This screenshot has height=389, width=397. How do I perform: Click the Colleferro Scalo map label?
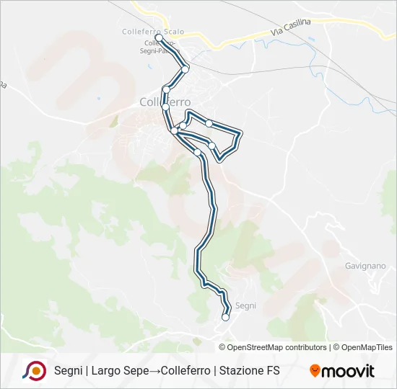coord(153,32)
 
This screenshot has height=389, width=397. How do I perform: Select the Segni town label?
coord(245,305)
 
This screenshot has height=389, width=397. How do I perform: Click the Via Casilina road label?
coord(291,28)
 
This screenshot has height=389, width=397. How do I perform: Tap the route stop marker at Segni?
coord(225,317)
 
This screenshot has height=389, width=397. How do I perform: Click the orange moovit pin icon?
coord(315,371)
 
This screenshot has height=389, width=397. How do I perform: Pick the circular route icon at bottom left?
coord(34,370)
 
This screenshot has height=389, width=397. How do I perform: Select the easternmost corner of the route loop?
coord(240,133)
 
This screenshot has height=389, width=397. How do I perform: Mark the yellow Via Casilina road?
coord(238,39)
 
